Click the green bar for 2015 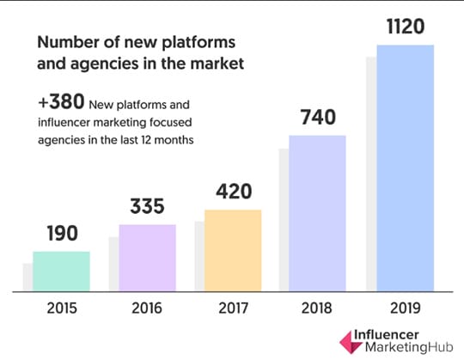tap(61, 272)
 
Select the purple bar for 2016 tap(147, 258)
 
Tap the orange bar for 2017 tap(233, 250)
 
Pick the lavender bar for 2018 tap(318, 214)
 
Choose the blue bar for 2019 tap(405, 168)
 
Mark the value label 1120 tap(405, 27)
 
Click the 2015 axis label tap(61, 309)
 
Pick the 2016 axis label tap(147, 309)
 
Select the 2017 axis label tap(233, 309)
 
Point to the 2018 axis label tap(318, 309)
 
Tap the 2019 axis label tap(405, 309)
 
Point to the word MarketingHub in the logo tap(396, 347)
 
